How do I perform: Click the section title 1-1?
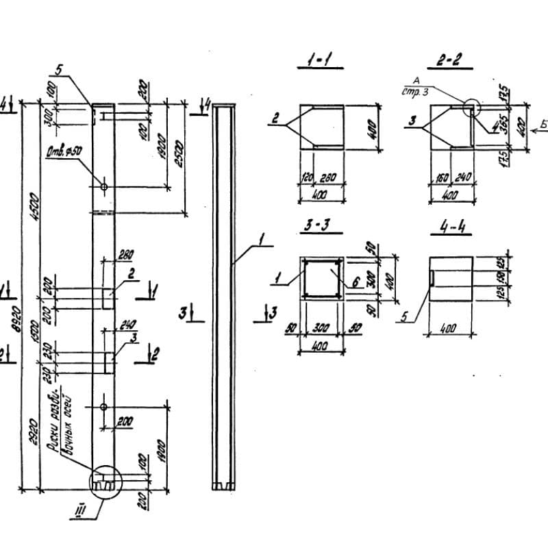click(x=319, y=63)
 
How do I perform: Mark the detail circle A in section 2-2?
click(x=471, y=108)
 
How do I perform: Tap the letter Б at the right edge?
click(x=541, y=124)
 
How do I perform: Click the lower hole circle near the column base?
click(x=103, y=407)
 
